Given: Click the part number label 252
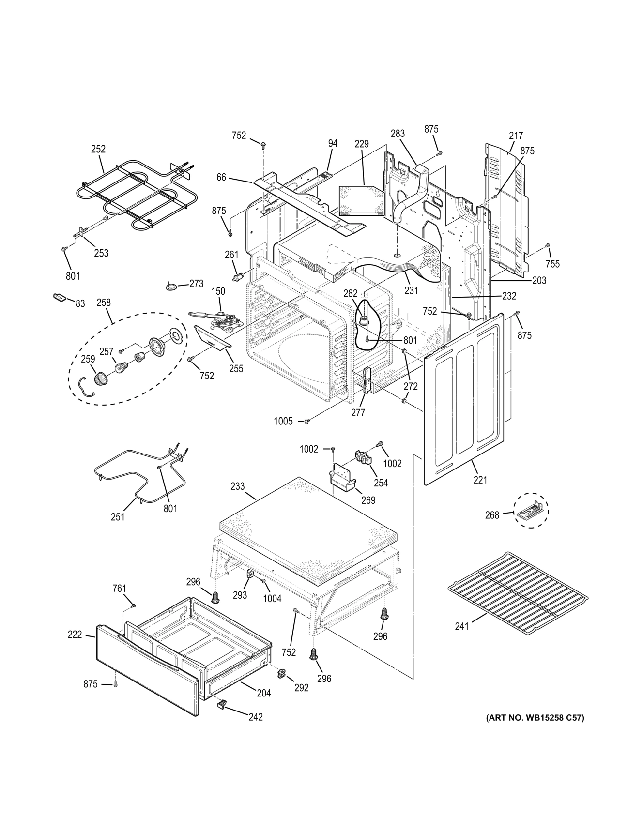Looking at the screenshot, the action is pyautogui.click(x=98, y=149).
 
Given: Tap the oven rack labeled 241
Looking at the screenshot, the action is pyautogui.click(x=517, y=590).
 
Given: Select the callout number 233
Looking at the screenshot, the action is pyautogui.click(x=237, y=486).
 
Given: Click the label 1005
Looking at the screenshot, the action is pyautogui.click(x=283, y=421).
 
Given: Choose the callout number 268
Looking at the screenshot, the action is pyautogui.click(x=492, y=515).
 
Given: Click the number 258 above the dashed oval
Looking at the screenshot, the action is pyautogui.click(x=104, y=303).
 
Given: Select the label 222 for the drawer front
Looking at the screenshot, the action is pyautogui.click(x=75, y=635).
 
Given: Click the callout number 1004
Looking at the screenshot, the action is pyautogui.click(x=272, y=599).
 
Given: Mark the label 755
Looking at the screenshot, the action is pyautogui.click(x=552, y=264).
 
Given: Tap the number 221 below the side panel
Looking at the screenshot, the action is pyautogui.click(x=480, y=480).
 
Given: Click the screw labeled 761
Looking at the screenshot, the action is pyautogui.click(x=134, y=605).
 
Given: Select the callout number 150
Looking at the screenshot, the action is pyautogui.click(x=218, y=292).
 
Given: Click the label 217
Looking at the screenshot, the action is pyautogui.click(x=516, y=136).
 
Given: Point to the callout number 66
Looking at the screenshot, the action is pyautogui.click(x=221, y=178).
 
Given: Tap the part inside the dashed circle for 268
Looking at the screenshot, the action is pyautogui.click(x=531, y=510).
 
